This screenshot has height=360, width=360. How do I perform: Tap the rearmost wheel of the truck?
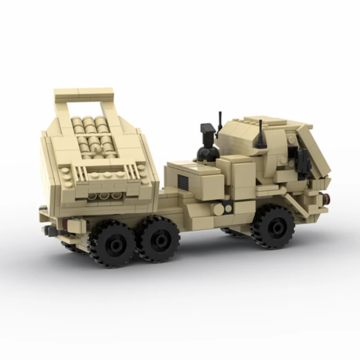tap(111, 243)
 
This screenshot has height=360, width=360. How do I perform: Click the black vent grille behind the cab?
tap(183, 182)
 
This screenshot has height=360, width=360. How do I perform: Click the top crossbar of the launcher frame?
tap(84, 94)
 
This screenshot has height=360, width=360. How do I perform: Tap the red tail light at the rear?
tap(66, 223)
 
